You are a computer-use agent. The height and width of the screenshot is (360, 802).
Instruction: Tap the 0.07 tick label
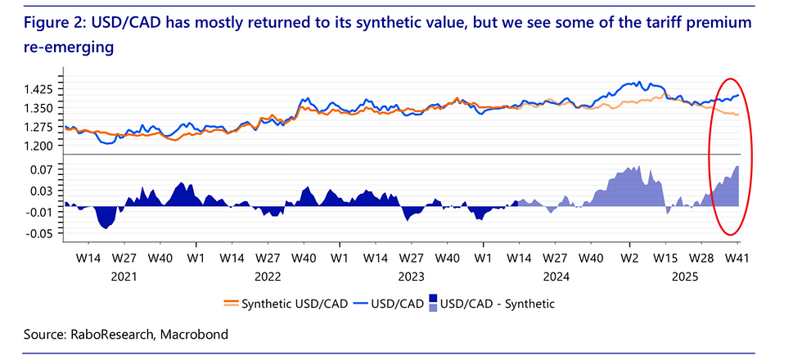click(x=42, y=169)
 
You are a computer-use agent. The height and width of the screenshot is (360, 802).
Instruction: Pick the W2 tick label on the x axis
click(x=629, y=257)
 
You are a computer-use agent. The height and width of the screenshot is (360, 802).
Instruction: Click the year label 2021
click(x=123, y=276)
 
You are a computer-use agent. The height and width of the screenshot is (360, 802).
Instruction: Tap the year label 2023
click(x=411, y=276)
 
